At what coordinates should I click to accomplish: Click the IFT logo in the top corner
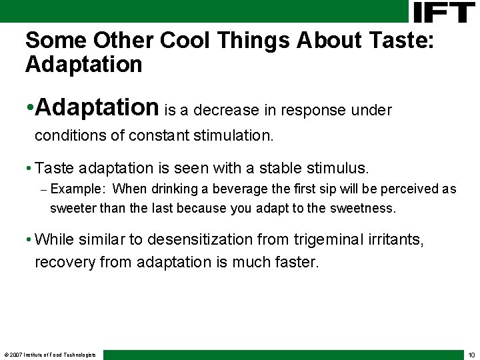[x=444, y=12]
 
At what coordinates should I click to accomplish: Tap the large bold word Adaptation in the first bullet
[x=97, y=107]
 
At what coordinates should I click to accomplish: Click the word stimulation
[x=233, y=136]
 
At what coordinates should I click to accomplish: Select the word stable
[x=282, y=167]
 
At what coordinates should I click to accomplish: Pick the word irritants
[x=396, y=239]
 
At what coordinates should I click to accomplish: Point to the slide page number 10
[x=471, y=355]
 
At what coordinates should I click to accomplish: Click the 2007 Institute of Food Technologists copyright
[x=50, y=355]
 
